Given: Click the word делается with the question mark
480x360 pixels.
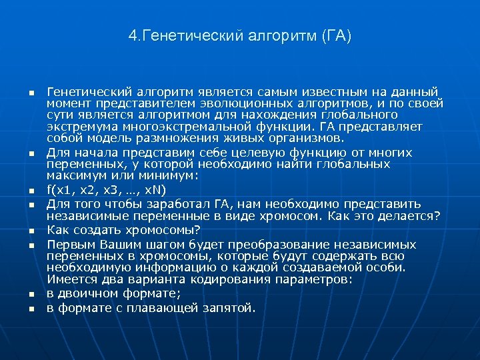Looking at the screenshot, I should click(x=411, y=215).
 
